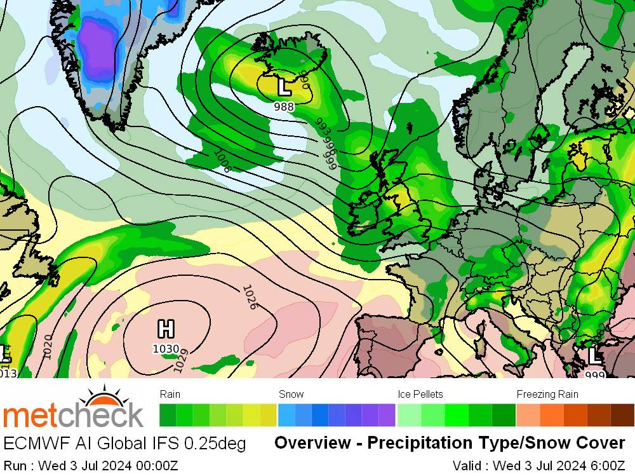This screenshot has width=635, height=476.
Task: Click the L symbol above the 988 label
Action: tap(284, 86)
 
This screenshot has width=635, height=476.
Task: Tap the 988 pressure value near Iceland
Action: tap(284, 107)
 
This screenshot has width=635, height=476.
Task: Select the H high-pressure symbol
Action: tap(166, 329)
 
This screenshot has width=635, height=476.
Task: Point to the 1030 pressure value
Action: tap(166, 348)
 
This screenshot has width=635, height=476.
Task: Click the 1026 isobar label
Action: tap(249, 297)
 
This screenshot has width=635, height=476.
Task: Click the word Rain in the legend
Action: tap(170, 394)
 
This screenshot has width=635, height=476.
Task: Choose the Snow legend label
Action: tap(291, 394)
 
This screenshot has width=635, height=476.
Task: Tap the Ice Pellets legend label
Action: tap(420, 394)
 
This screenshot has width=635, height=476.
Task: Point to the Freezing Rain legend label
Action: tap(547, 394)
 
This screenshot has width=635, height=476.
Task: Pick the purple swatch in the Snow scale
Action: tap(387, 415)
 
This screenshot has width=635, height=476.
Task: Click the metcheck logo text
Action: tap(73, 416)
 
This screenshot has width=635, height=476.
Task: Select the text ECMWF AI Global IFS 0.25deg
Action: tap(124, 443)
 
